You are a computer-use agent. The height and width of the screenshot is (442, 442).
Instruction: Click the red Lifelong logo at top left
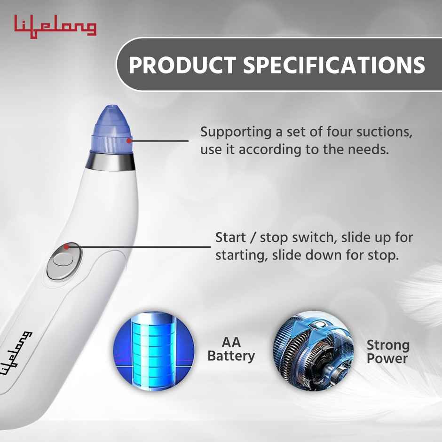point(55,27)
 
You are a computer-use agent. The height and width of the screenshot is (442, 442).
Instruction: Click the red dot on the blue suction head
point(128,139)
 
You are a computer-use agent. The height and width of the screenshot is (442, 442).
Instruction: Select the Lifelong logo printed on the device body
point(17,353)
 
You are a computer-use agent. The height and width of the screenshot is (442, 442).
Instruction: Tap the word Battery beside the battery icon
point(231,356)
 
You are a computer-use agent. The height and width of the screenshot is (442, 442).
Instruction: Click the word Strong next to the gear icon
point(388,346)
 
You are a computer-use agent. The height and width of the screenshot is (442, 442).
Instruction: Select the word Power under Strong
point(387,359)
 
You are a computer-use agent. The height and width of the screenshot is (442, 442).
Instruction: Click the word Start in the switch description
point(230,237)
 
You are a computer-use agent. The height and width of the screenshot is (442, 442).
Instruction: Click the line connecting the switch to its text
point(141,246)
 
